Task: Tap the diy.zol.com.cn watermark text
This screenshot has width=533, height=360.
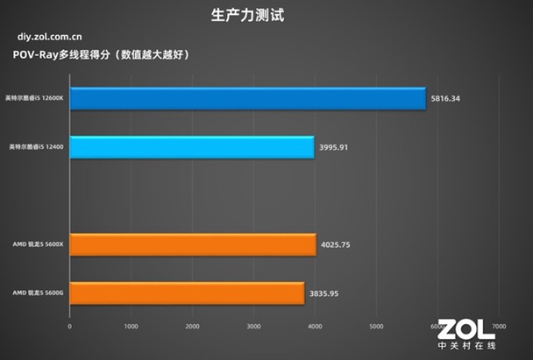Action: click(x=50, y=38)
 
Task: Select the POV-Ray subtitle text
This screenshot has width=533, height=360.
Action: click(x=102, y=55)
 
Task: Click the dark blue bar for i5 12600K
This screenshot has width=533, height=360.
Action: click(x=247, y=98)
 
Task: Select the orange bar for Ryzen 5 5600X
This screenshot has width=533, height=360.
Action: click(x=192, y=244)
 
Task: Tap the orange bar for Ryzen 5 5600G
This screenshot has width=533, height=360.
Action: click(x=187, y=293)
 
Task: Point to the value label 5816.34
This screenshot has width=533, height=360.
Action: click(x=445, y=99)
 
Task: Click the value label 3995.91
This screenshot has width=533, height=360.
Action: click(x=333, y=147)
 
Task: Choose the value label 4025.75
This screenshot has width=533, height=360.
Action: click(x=336, y=245)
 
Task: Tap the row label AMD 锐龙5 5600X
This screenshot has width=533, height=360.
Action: click(x=37, y=245)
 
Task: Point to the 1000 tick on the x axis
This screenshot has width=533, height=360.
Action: click(x=131, y=327)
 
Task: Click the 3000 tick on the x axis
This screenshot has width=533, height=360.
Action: click(x=254, y=327)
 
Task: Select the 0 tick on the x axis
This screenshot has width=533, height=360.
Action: click(x=70, y=327)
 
